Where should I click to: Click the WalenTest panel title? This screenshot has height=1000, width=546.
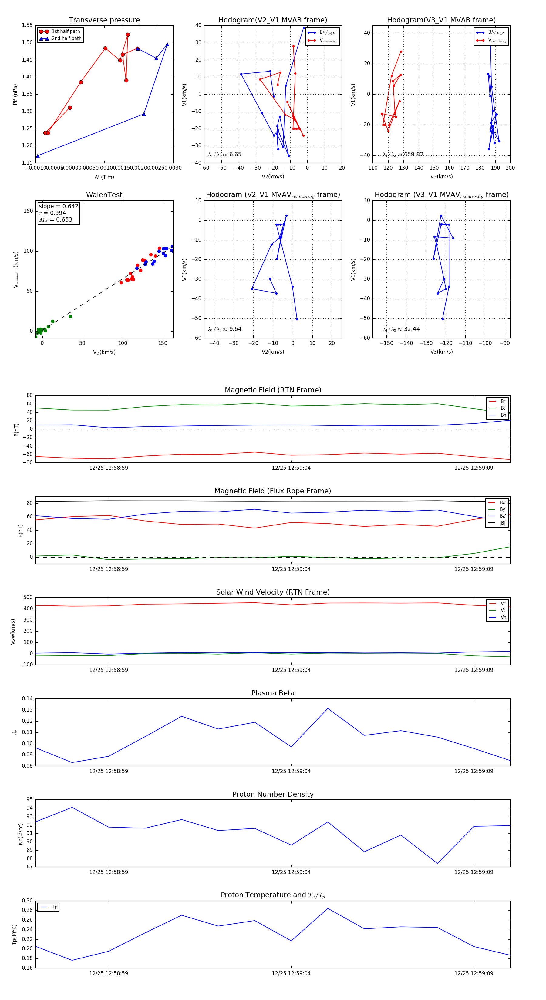(104, 195)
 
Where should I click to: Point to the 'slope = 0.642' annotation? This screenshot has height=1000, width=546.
(58, 206)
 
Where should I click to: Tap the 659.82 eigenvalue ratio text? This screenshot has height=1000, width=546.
(413, 155)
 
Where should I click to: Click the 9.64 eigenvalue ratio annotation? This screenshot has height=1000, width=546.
(235, 329)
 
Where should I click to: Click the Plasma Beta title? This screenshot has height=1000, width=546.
(273, 693)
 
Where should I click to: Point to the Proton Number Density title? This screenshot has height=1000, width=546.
(273, 794)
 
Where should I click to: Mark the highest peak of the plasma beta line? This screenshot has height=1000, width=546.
(328, 708)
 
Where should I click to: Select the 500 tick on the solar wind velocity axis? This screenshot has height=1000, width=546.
(28, 598)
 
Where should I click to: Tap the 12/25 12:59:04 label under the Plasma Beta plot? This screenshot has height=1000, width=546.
(291, 771)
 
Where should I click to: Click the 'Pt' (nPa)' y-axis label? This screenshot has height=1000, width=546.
(15, 94)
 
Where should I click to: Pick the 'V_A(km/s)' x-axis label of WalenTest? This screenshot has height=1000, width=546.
(104, 352)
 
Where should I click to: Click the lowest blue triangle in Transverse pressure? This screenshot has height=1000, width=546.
(38, 156)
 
